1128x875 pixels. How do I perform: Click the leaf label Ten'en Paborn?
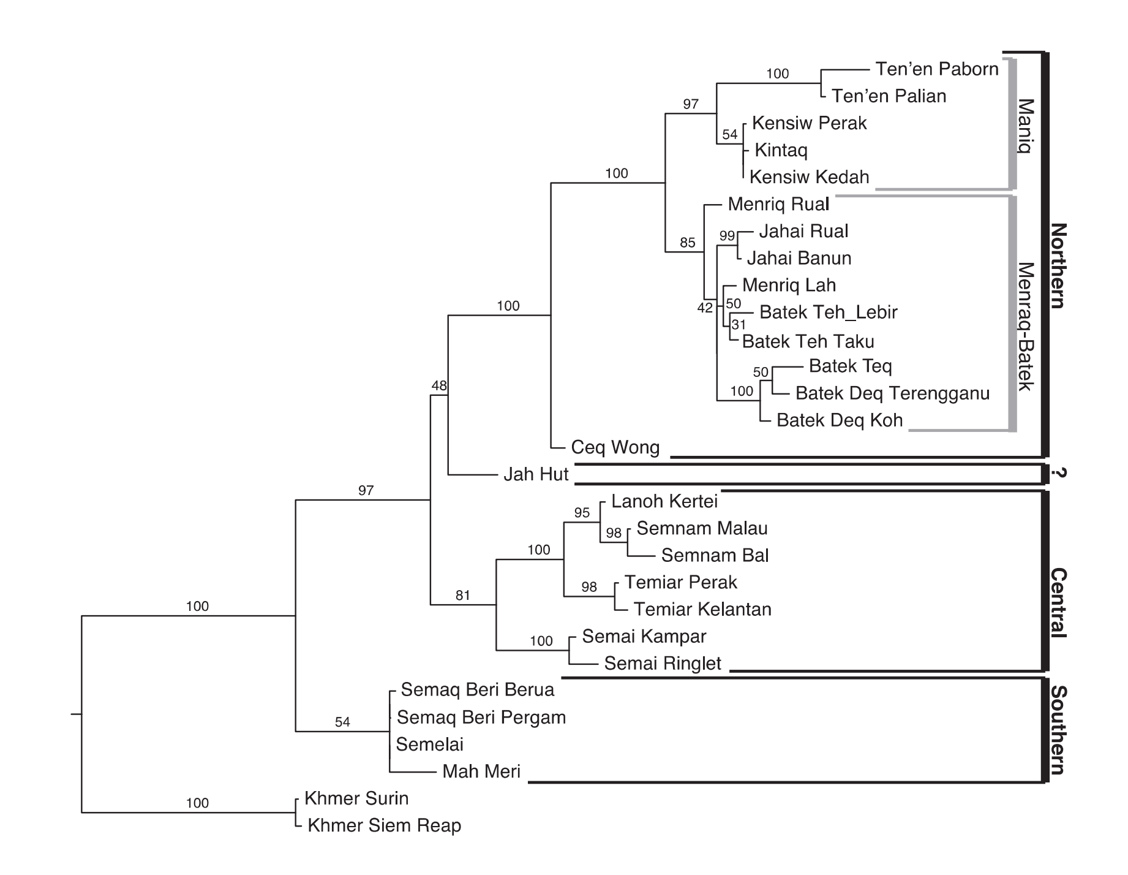tap(937, 69)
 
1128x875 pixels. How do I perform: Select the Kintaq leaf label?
tap(781, 150)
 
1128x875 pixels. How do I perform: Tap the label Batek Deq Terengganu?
tap(892, 393)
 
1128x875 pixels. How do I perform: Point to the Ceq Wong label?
tap(615, 447)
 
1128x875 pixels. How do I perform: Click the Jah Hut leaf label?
tap(536, 474)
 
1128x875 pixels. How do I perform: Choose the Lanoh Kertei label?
tap(664, 501)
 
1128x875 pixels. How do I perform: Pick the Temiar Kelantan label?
tap(702, 610)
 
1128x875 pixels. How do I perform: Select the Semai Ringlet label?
tap(663, 664)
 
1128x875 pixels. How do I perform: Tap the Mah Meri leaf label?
tap(481, 771)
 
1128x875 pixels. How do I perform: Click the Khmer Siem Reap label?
tap(384, 825)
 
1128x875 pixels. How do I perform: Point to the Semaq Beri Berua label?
tap(477, 690)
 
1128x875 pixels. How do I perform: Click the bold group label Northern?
tap(1058, 266)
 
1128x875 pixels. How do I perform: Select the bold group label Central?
tap(1058, 603)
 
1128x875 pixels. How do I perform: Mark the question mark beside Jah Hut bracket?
tap(1058, 473)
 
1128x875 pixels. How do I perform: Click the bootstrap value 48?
tap(439, 386)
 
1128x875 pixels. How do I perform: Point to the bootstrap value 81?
tap(463, 595)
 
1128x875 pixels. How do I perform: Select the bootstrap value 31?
tap(739, 325)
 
